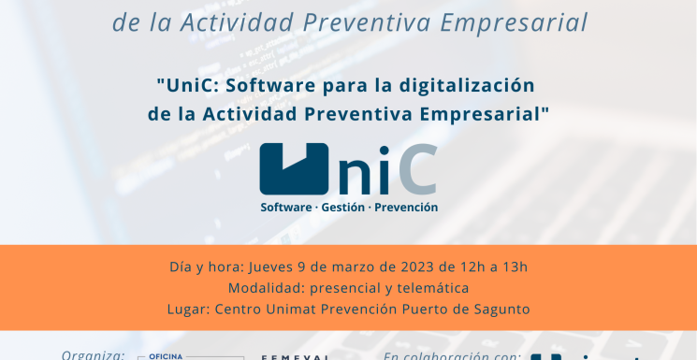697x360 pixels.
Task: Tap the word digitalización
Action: pos(466,85)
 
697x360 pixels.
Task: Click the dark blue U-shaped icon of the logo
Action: pos(294,168)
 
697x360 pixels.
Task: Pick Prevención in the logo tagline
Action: pos(406,207)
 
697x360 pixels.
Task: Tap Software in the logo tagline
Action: pos(286,207)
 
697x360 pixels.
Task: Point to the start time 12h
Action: pos(466,266)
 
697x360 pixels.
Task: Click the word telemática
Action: pos(433,288)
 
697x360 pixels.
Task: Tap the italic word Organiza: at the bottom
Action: pos(94,355)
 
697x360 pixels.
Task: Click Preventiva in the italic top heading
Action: pos(362,21)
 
